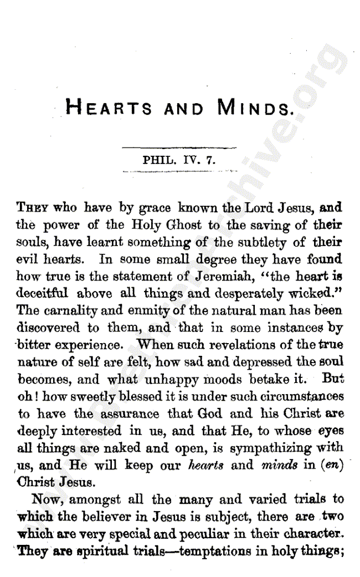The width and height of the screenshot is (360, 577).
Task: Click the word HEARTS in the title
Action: tap(109, 106)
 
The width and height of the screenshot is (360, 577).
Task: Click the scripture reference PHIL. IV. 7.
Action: tap(179, 161)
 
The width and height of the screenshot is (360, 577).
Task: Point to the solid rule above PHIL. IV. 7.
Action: tap(179, 147)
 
